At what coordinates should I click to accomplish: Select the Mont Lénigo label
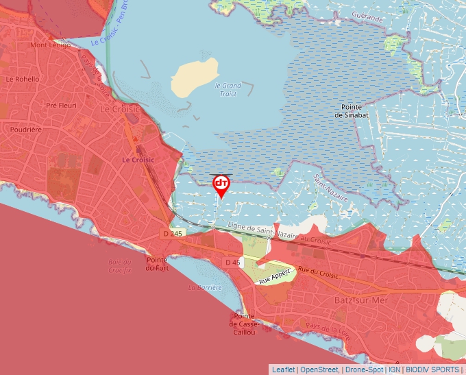51,45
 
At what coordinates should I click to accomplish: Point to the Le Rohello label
23,79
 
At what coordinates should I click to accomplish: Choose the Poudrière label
26,129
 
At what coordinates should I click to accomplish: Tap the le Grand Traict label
228,89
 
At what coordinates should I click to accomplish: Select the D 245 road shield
173,234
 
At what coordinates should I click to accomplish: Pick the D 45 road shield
233,263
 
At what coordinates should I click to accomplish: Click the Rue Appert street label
273,276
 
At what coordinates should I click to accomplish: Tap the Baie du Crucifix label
119,266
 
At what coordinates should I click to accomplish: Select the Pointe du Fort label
157,264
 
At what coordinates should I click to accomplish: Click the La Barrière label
206,287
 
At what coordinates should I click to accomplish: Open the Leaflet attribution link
283,370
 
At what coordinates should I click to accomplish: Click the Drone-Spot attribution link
364,370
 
